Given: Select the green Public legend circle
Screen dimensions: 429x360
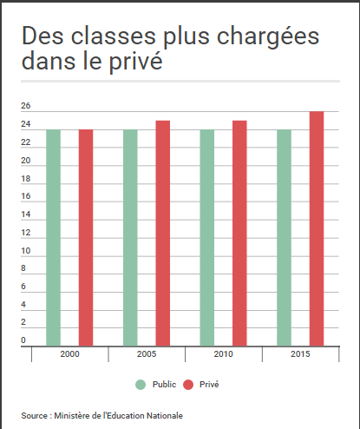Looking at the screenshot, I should tap(140, 384).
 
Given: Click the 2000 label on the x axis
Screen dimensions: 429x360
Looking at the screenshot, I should tap(69, 355).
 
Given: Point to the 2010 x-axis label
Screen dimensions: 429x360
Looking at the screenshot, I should tap(223, 355).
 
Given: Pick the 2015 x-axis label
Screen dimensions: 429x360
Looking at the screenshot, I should tap(300, 355).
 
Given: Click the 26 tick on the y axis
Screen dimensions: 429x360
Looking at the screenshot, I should tap(25, 107).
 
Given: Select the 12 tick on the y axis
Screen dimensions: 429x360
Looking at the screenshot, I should tap(25, 233).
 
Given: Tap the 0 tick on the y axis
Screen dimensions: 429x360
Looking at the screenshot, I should tap(23, 340).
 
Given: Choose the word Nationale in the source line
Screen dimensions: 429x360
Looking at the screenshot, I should tap(163, 415).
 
